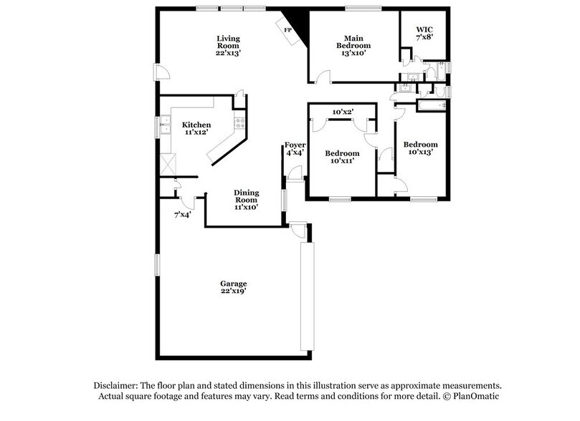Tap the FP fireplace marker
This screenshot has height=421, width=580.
coord(288,30)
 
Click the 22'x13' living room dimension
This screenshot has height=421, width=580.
coord(229,52)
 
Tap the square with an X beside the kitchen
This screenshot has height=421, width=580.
coord(168,163)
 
